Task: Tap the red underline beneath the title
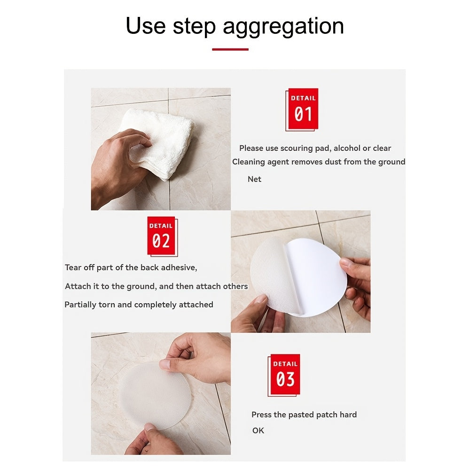[x=230, y=49]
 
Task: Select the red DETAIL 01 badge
[x=303, y=109]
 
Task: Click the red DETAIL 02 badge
[x=161, y=236]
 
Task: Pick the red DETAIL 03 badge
[x=285, y=375]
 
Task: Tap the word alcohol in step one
[x=348, y=148]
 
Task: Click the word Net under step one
[x=254, y=179]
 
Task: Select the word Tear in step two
[x=73, y=267]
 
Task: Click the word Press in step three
[x=261, y=415]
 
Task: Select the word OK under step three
[x=258, y=430]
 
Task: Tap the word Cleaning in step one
[x=249, y=162]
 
